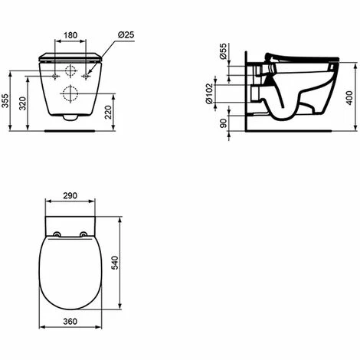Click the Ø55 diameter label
click(x=224, y=51)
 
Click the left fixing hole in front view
click(x=55, y=77)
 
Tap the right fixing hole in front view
click(x=87, y=77)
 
